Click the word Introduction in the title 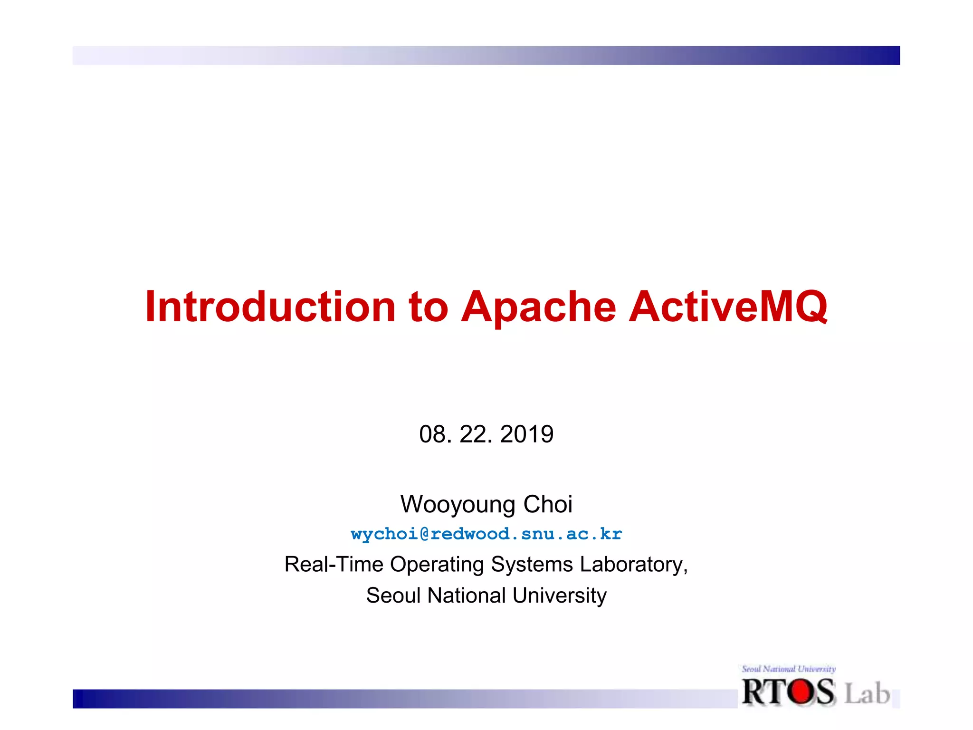click(x=270, y=307)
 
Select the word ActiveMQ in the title click(x=728, y=307)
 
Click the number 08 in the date click(x=432, y=434)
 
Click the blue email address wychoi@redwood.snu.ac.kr click(x=486, y=534)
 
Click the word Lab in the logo click(x=867, y=693)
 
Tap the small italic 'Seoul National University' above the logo click(x=789, y=669)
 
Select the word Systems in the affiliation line click(x=532, y=565)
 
